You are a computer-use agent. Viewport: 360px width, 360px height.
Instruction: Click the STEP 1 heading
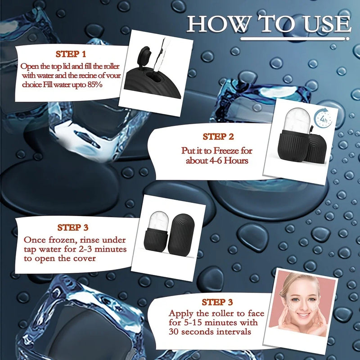click(71, 54)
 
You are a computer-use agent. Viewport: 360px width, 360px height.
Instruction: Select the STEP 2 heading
click(218, 137)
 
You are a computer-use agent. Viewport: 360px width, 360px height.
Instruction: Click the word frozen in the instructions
click(59, 240)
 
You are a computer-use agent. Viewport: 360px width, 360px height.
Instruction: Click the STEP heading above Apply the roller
click(217, 302)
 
